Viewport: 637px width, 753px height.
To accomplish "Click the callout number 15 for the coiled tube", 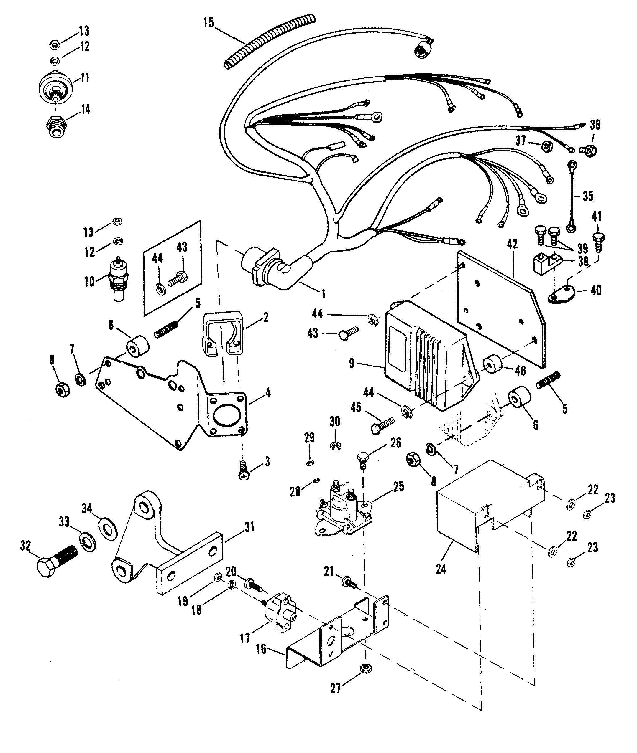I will click(x=208, y=22).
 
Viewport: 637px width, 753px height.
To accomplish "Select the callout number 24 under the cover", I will click(x=441, y=569).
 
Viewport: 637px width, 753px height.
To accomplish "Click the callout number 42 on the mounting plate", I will click(x=512, y=244).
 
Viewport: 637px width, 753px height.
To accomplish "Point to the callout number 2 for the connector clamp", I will click(x=266, y=318).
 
